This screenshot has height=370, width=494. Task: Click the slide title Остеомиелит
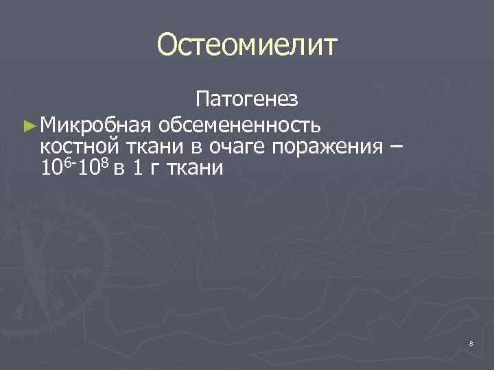(247, 46)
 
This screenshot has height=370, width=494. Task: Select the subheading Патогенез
(246, 100)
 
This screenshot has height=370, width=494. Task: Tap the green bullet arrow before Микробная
(28, 125)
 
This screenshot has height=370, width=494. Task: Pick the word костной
(80, 146)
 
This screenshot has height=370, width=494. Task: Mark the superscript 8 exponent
(106, 160)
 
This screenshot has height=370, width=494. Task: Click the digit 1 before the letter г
(137, 167)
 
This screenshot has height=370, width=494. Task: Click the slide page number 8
(471, 343)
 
